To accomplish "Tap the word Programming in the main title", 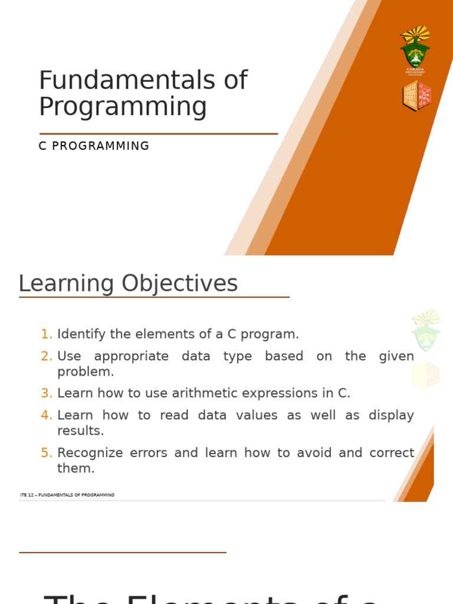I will [123, 107].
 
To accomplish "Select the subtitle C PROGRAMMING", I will [94, 146].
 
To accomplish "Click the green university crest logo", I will [415, 50].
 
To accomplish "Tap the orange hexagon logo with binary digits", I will [417, 96].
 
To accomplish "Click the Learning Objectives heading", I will [128, 284].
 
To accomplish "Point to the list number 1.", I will [47, 334].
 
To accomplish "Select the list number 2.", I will [47, 356].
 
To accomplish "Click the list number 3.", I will [47, 393].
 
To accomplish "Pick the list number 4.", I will [47, 415].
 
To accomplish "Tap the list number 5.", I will [47, 453].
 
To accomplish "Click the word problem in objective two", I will [86, 372].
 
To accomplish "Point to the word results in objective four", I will [80, 431].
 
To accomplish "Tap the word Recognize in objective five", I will [90, 453].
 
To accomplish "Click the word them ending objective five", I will [75, 468].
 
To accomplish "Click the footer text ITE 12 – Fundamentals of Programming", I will [67, 495].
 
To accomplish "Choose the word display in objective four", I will [391, 415].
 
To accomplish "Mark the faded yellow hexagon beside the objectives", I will [425, 375].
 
